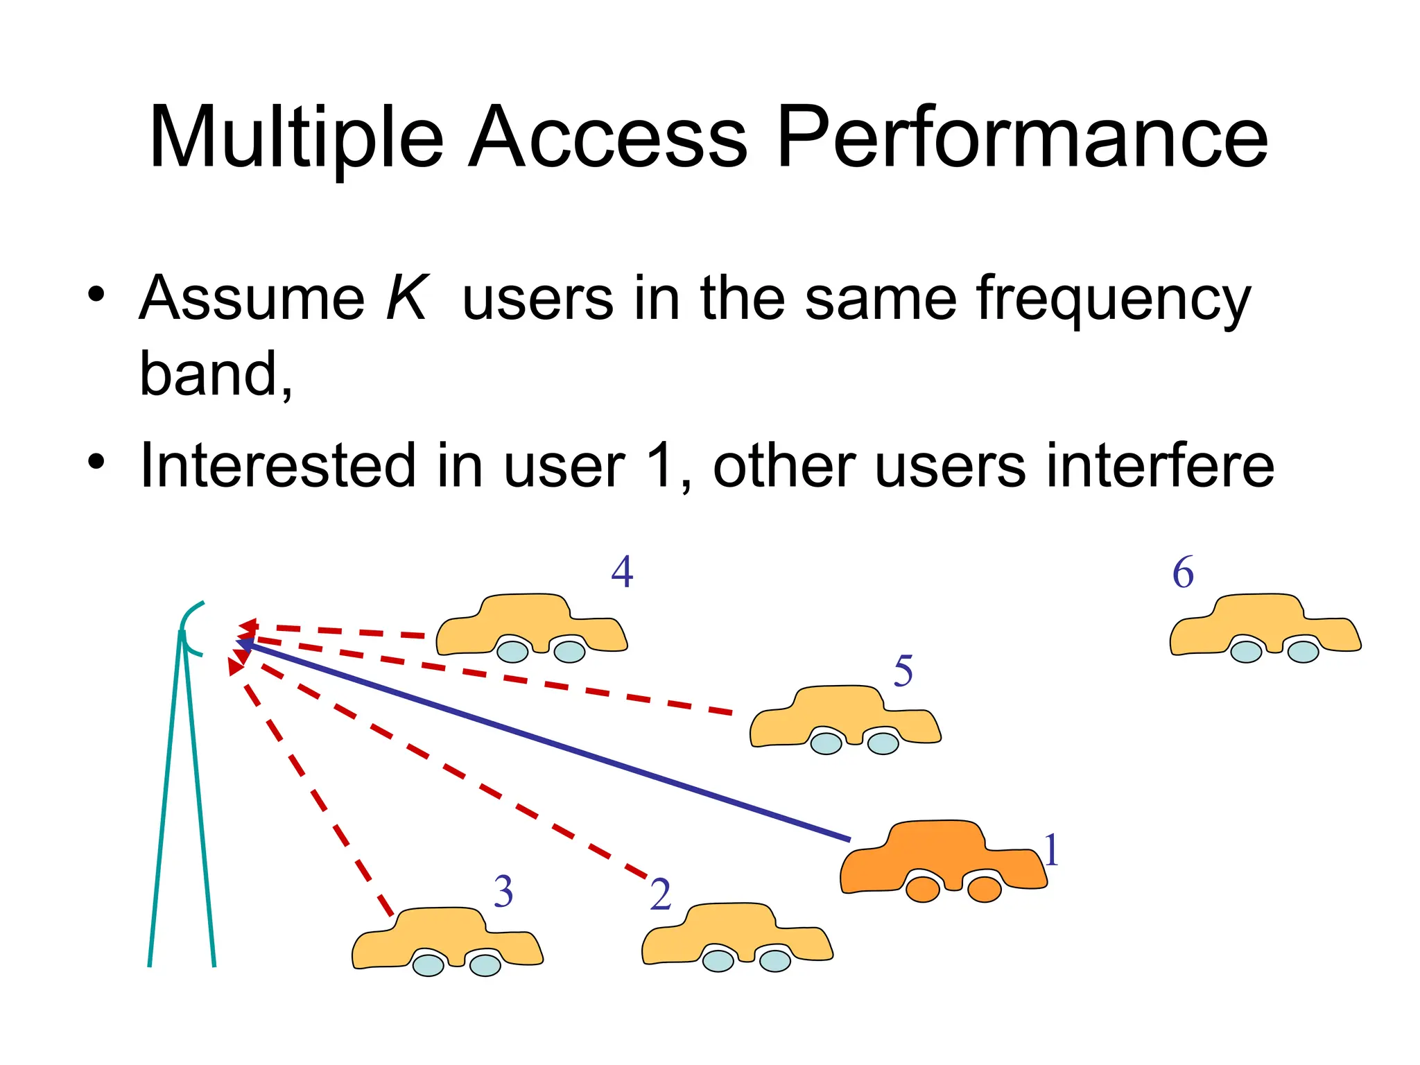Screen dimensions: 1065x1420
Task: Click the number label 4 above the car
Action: pos(622,573)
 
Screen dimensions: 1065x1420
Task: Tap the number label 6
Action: pos(1183,573)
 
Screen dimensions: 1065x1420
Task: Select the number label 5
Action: pos(903,671)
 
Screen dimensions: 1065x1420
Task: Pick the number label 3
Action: pos(503,892)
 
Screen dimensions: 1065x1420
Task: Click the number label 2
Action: pos(660,894)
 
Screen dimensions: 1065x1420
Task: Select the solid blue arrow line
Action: pos(548,743)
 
